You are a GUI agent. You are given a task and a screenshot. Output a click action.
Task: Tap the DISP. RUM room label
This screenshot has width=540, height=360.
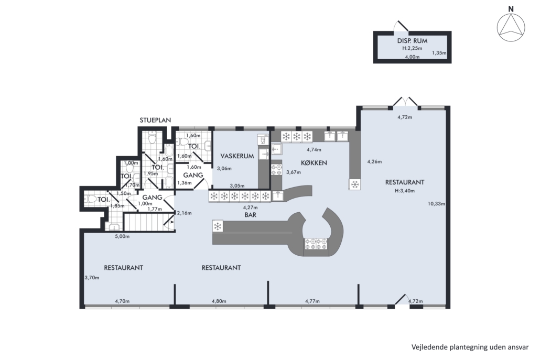412,41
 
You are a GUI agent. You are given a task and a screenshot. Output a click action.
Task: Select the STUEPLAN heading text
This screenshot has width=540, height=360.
155,120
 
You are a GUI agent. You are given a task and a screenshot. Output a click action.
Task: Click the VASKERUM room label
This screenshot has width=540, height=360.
237,156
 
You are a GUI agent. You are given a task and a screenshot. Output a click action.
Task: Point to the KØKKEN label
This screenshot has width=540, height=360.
314,162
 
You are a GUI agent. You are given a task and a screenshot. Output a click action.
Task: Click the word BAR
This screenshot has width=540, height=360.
251,215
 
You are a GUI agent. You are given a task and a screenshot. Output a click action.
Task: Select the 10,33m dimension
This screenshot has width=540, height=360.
436,203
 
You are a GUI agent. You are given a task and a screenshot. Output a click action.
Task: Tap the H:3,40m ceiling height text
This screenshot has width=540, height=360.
405,191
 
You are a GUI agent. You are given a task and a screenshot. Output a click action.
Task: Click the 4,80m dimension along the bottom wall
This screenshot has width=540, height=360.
219,301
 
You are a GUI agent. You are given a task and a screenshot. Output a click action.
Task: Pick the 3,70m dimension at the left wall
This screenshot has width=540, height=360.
92,277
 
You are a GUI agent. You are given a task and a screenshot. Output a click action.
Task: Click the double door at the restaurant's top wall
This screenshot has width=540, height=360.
405,102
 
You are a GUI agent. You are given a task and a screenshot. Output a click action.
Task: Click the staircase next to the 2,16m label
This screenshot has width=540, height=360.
149,222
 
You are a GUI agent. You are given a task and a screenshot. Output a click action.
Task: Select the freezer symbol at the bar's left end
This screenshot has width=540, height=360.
218,226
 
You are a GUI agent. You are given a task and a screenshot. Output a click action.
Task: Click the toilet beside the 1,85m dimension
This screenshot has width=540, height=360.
91,199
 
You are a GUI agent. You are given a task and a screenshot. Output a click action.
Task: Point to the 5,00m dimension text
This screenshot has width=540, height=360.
122,236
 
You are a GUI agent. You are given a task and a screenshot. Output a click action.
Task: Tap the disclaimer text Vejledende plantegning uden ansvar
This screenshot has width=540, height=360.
470,347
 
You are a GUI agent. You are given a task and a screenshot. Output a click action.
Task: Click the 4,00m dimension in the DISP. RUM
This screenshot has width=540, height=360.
412,57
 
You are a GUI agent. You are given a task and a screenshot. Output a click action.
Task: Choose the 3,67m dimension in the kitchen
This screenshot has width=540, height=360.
294,172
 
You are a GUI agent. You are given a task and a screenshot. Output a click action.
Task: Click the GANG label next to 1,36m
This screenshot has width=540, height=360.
193,175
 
